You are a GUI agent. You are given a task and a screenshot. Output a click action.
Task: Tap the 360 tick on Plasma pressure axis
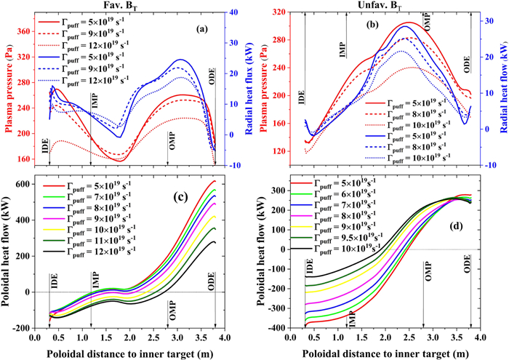point(24,31)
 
